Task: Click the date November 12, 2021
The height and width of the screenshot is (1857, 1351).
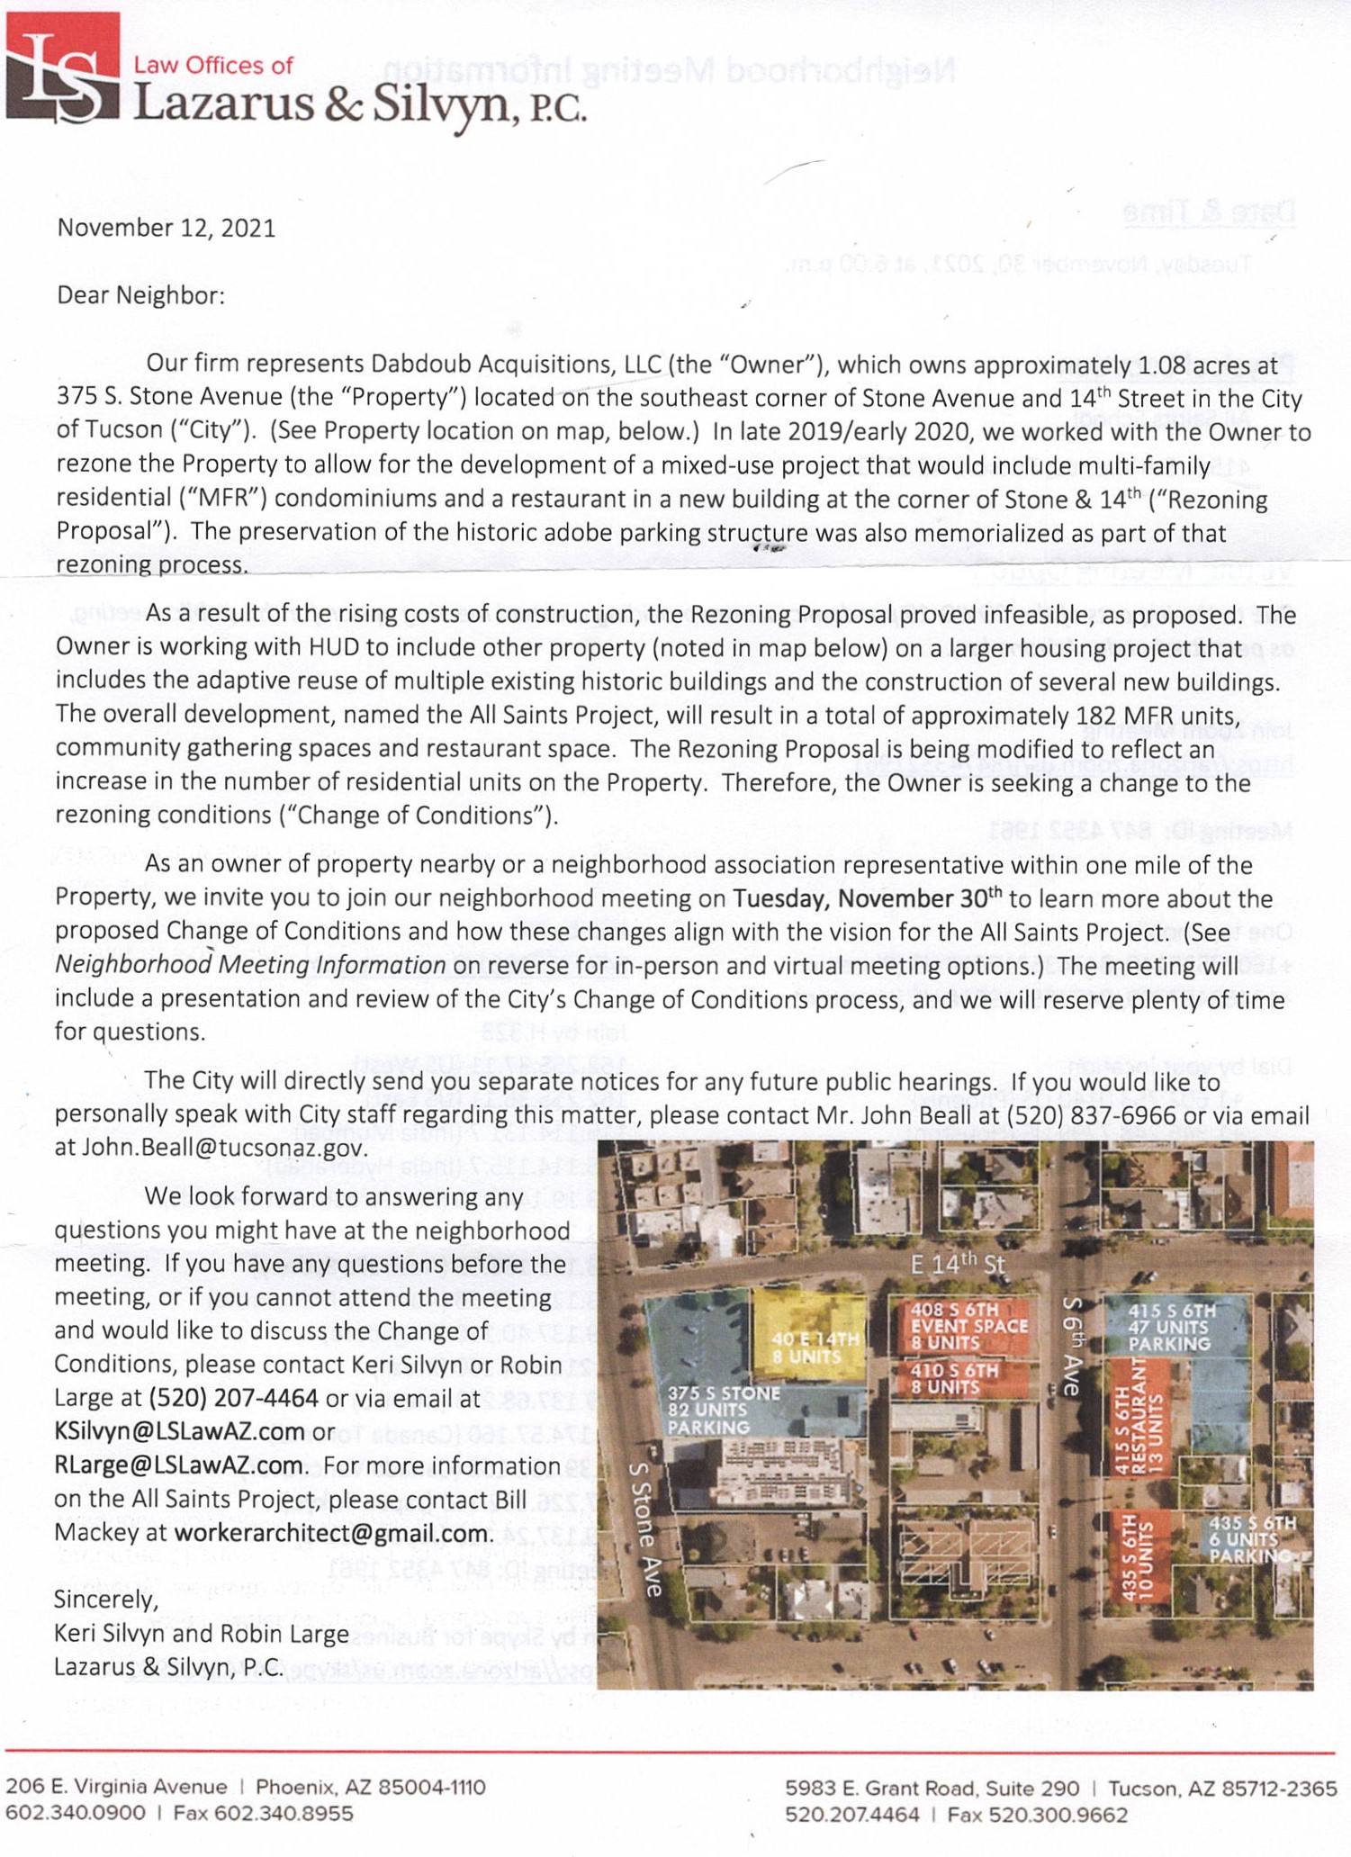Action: [x=167, y=228]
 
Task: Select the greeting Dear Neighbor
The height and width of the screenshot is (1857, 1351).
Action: [x=140, y=295]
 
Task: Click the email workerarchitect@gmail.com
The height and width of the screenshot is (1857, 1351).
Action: [x=333, y=1533]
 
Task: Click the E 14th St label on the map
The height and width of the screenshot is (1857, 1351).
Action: [x=957, y=1264]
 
